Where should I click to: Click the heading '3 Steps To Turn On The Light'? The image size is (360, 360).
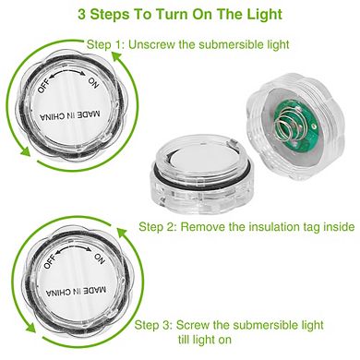pos(179,16)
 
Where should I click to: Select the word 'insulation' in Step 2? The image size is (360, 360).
pos(278,225)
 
